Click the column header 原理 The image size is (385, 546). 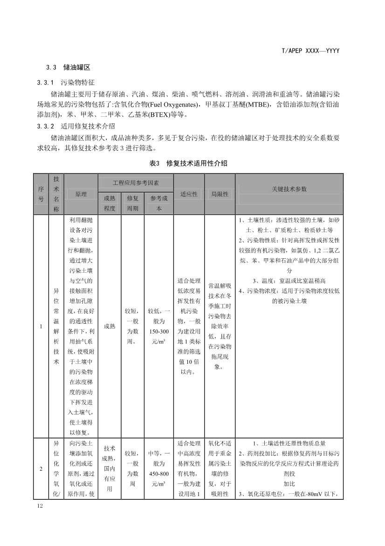(x=81, y=194)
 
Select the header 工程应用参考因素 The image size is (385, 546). (x=136, y=182)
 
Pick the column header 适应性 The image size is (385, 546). (x=189, y=194)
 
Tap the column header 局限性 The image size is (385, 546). (x=220, y=194)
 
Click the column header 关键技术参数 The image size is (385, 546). (x=289, y=189)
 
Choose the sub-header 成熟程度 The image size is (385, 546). (x=110, y=203)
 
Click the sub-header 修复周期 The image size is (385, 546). (x=132, y=203)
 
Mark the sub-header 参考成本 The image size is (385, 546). (x=159, y=203)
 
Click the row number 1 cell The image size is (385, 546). (x=41, y=326)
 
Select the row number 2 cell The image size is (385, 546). (x=41, y=468)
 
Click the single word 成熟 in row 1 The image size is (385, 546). (x=110, y=326)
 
